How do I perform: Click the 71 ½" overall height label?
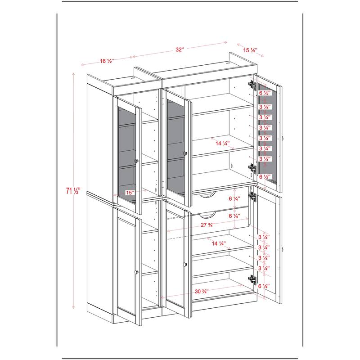point(72,191)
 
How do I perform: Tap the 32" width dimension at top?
point(180,49)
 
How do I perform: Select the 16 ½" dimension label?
point(107,61)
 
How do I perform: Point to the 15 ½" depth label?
point(250,50)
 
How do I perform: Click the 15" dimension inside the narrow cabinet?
point(130,193)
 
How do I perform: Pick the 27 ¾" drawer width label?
point(207,225)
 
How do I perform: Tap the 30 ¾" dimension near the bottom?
point(202,292)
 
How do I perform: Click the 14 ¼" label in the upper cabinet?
point(222,144)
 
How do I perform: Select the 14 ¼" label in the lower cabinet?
point(219,243)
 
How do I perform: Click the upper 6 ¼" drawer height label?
point(234,198)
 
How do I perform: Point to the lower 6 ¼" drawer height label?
point(234,216)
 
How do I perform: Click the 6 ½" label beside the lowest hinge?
point(264,286)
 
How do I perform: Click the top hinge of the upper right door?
point(252,85)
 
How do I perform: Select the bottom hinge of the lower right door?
point(252,279)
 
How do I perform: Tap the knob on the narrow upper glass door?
point(137,161)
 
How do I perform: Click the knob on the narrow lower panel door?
point(137,272)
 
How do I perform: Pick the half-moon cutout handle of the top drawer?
point(207,195)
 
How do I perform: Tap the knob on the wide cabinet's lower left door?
point(185,264)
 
